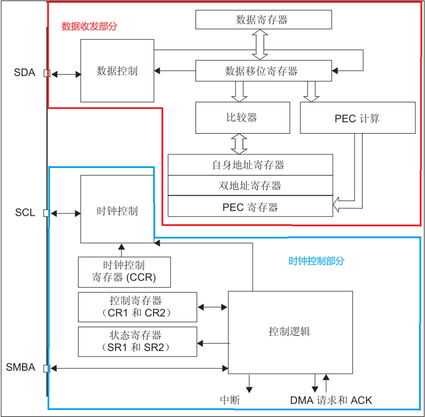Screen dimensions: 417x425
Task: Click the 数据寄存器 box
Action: [263, 20]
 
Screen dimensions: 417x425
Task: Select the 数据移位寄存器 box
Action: [263, 71]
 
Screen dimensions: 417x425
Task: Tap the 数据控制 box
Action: [117, 71]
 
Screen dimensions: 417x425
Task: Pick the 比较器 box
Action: [242, 117]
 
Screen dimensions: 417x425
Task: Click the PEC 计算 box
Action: [357, 118]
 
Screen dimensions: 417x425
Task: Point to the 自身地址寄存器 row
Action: [250, 165]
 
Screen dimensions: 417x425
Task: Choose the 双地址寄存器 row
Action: [250, 185]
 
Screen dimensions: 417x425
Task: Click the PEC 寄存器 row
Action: [250, 207]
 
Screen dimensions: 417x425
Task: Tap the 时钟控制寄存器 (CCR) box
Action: [124, 272]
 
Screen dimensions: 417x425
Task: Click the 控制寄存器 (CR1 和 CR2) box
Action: [137, 307]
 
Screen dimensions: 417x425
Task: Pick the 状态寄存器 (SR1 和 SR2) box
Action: [137, 341]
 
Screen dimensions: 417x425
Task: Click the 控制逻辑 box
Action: [290, 332]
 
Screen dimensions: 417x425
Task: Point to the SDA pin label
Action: [25, 73]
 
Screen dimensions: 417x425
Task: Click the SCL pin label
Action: [25, 213]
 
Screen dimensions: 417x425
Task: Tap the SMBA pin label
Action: [21, 368]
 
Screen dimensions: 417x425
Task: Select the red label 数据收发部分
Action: [89, 27]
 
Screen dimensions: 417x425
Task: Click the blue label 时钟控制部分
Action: [316, 261]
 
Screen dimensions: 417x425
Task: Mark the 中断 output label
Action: [230, 400]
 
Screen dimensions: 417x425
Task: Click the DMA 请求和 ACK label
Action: [331, 400]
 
